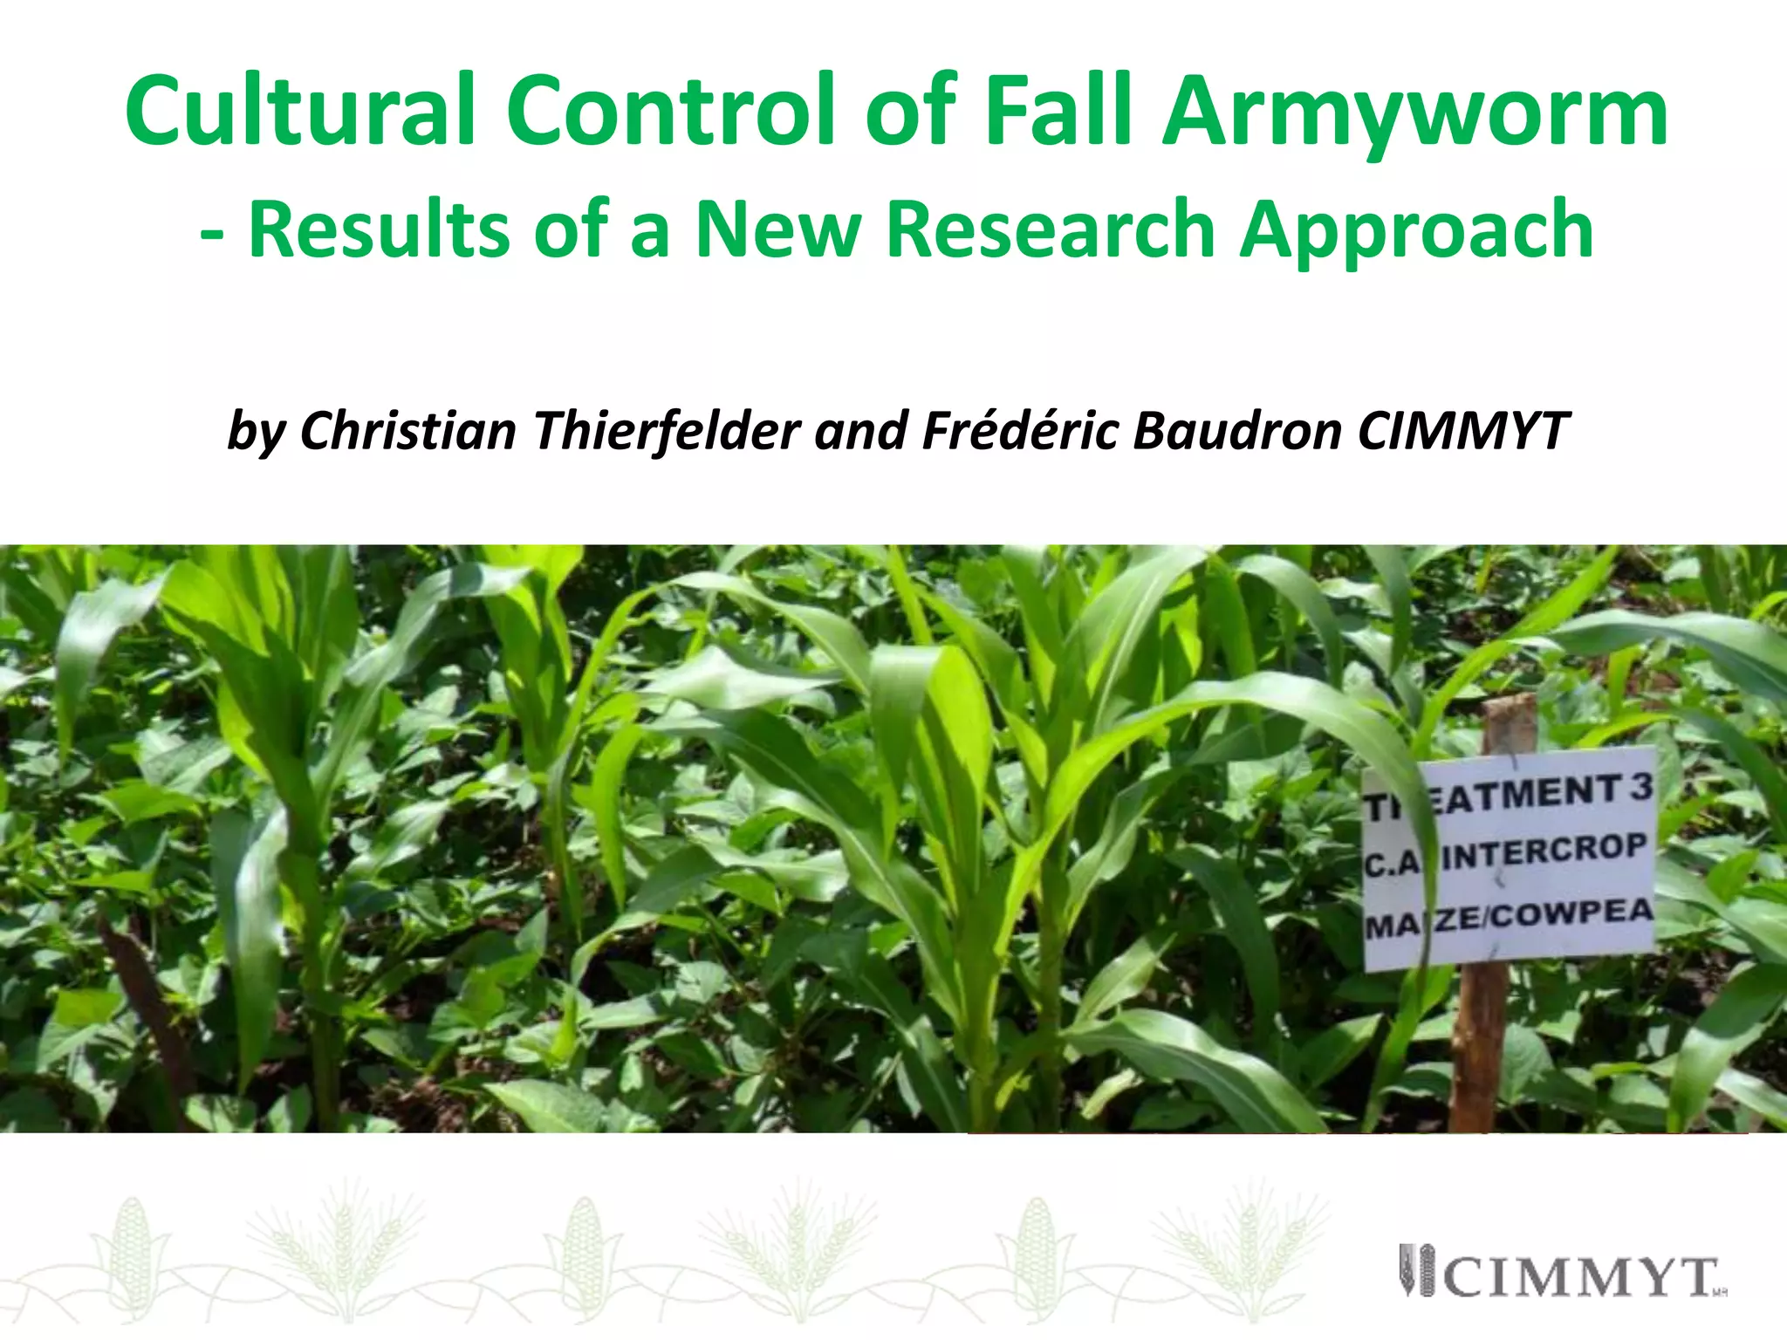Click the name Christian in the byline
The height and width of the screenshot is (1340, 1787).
coord(408,430)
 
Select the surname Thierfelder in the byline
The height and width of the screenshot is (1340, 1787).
coord(668,430)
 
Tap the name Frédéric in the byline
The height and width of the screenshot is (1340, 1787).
coord(1020,430)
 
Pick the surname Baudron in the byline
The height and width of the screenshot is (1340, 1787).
coord(1237,430)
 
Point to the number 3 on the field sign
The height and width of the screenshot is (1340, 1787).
coord(1640,788)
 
